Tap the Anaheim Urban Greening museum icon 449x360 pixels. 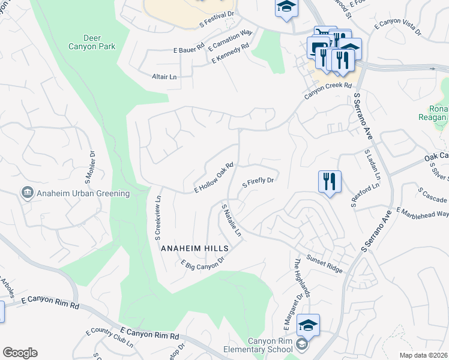coord(27,193)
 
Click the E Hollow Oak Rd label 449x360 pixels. coord(213,178)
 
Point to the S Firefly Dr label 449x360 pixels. coord(258,182)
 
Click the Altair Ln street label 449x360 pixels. coord(164,76)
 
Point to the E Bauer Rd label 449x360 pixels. coord(188,47)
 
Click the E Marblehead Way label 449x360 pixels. coord(423,212)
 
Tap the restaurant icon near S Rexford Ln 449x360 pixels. coord(328,181)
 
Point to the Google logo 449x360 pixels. coord(20,353)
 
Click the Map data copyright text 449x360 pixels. coord(423,355)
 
